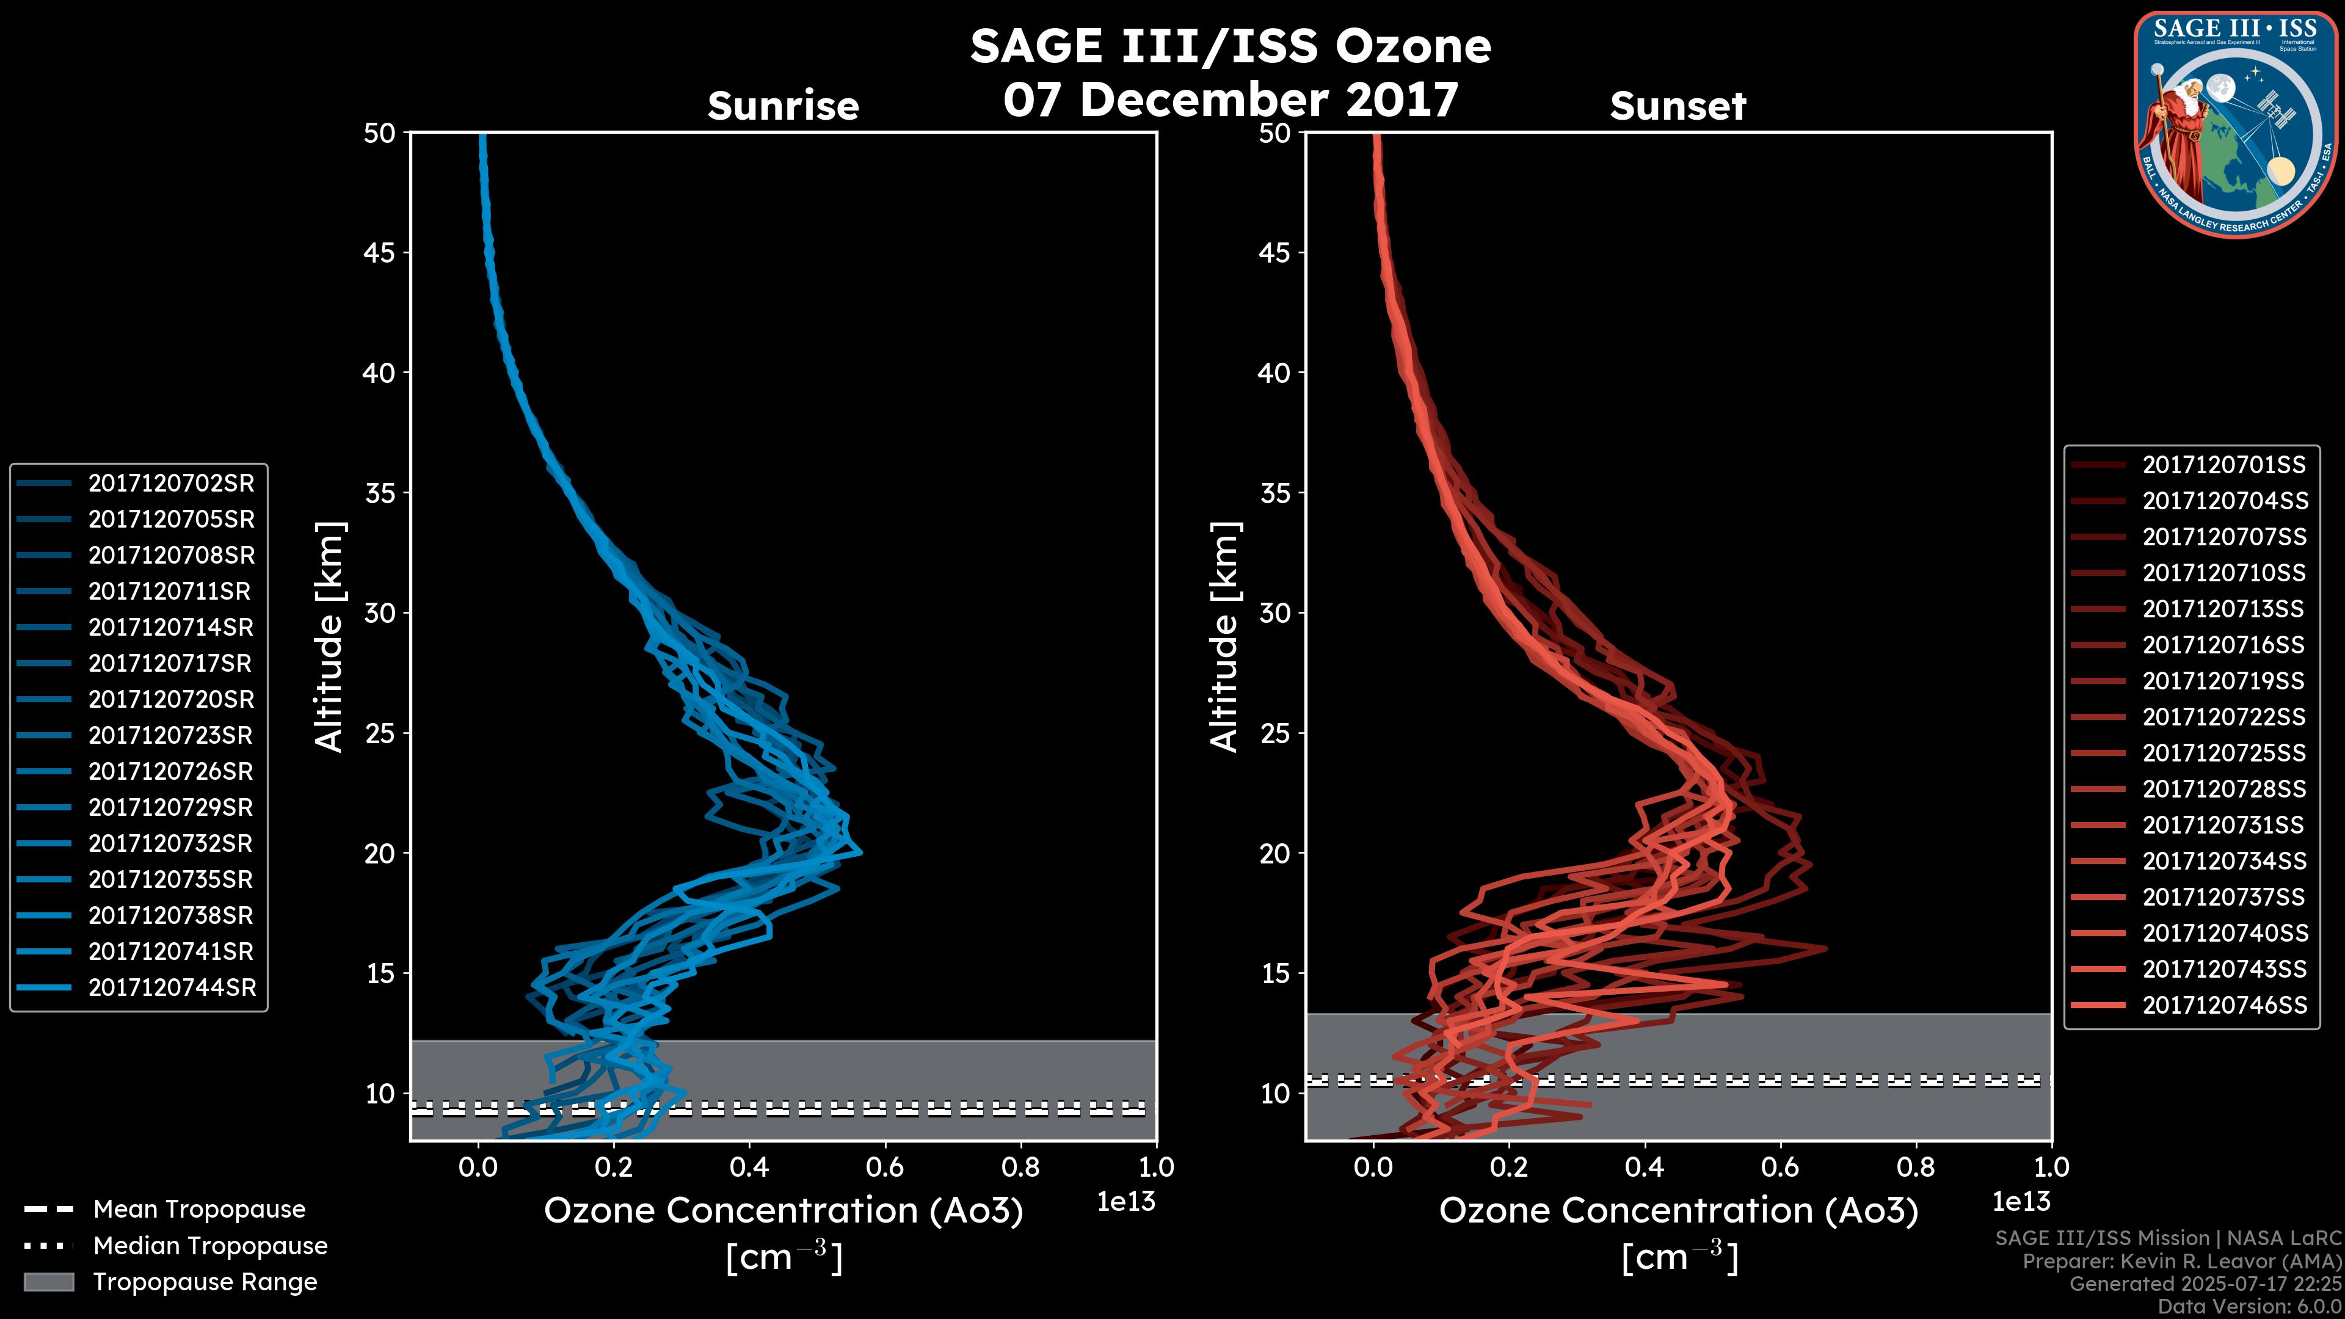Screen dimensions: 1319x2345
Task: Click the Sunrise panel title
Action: tap(783, 106)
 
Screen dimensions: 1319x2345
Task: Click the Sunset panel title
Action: tap(1678, 106)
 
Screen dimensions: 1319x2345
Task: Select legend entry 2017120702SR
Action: tap(171, 484)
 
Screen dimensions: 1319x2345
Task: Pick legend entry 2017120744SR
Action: tap(172, 987)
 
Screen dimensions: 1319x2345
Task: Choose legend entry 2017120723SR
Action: tap(171, 735)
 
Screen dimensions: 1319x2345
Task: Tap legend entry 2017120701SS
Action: tap(2224, 465)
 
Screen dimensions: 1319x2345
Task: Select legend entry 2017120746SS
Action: tap(2225, 1005)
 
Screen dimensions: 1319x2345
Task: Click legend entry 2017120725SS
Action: tap(2224, 754)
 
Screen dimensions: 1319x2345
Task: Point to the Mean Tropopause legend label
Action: tap(199, 1210)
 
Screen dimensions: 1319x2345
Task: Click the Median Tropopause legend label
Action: tap(210, 1246)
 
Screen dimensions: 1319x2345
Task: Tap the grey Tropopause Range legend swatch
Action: tap(48, 1282)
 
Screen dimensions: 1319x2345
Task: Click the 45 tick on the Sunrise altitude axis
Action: tap(380, 253)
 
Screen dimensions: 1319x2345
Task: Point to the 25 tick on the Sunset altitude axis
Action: tap(1274, 733)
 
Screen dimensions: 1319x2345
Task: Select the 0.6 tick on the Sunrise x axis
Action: tap(885, 1167)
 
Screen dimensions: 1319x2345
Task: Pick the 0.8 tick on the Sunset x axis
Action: tap(1916, 1167)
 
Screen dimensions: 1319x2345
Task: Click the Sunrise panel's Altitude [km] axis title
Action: tap(329, 637)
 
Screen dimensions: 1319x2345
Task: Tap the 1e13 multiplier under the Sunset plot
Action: tap(2021, 1202)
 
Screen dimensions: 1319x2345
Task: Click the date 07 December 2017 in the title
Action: tap(1231, 100)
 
